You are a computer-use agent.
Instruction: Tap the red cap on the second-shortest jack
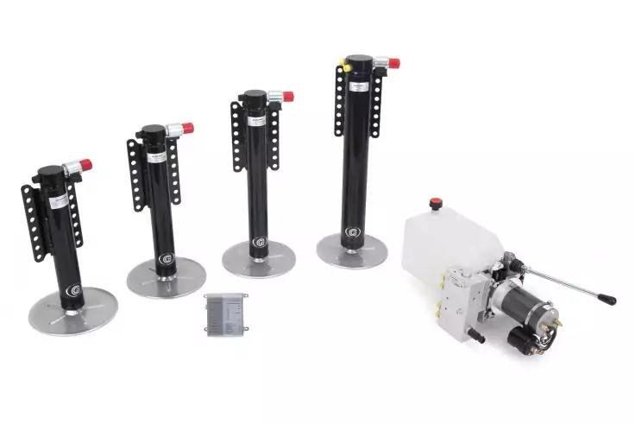coord(187,129)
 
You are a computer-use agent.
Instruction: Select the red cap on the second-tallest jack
coord(286,97)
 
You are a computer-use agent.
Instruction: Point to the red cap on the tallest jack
coord(393,63)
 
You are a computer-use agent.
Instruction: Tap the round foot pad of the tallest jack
coord(351,250)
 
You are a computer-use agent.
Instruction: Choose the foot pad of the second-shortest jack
coord(166,278)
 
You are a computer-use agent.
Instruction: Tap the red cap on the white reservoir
coord(436,204)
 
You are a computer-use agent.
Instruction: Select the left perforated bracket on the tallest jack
coord(339,101)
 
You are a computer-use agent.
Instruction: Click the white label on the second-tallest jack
coord(255,120)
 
